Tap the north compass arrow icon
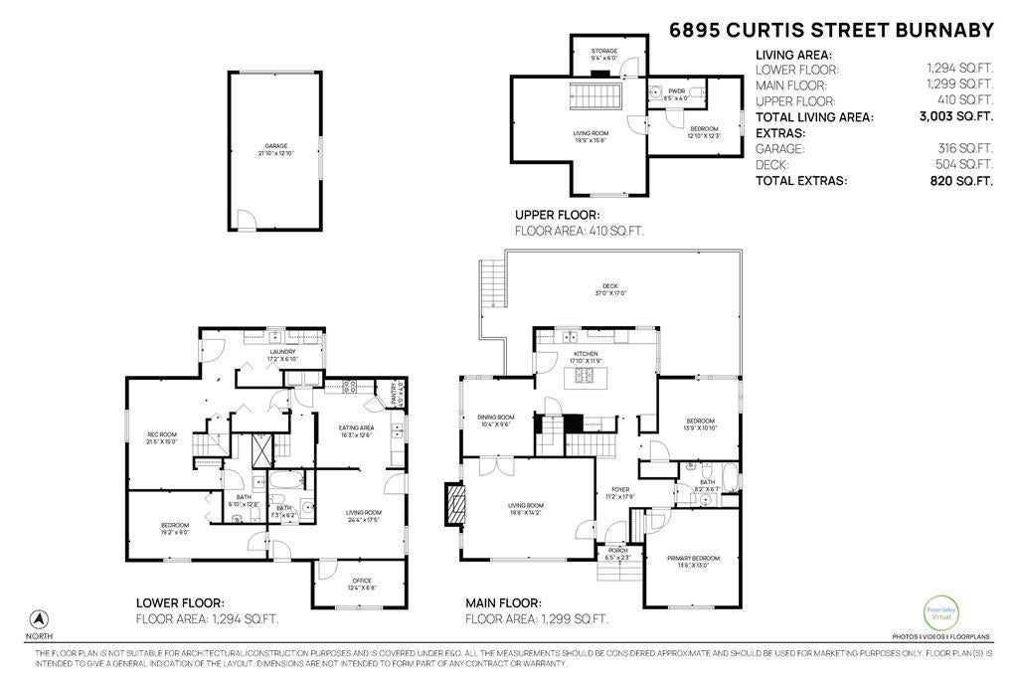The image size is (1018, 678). pos(41,618)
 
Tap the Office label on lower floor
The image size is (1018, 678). pos(361,583)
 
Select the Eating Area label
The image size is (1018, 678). pos(355,430)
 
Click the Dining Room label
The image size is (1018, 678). pos(496,420)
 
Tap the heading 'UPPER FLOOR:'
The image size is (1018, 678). pos(558,215)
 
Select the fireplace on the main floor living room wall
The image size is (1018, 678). pos(453,504)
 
